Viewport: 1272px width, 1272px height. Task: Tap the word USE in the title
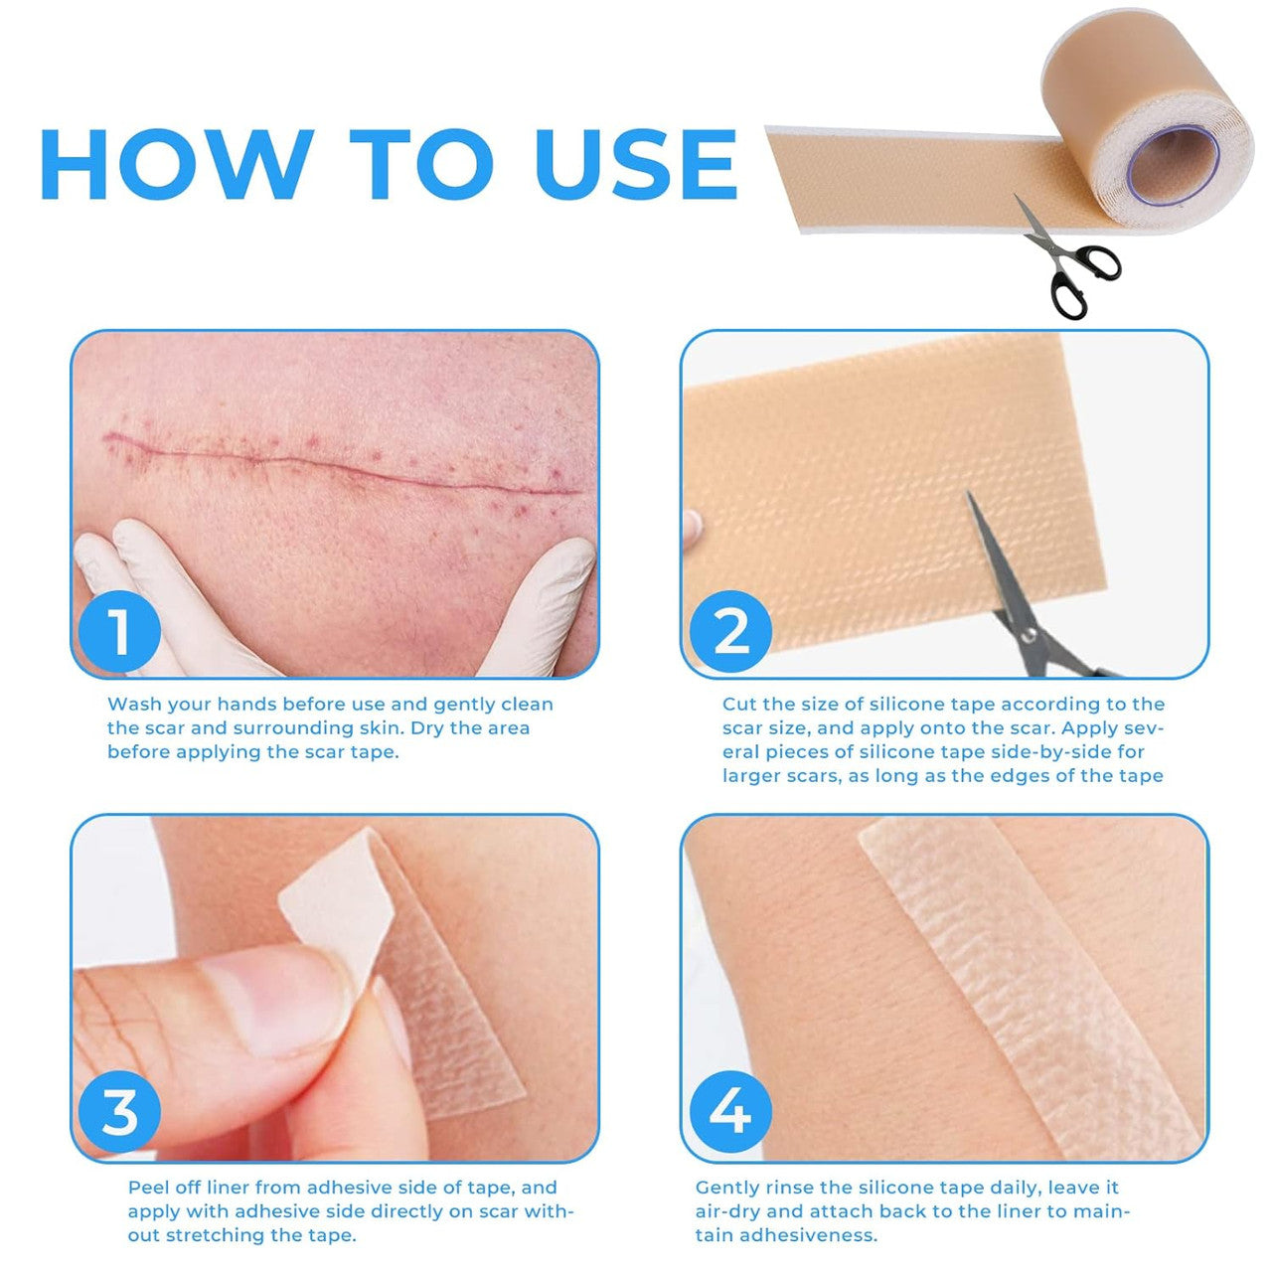(636, 164)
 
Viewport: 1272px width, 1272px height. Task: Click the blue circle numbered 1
(119, 632)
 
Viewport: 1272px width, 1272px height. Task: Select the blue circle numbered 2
(730, 632)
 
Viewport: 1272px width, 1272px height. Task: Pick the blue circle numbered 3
(119, 1112)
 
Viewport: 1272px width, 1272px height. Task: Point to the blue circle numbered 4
(730, 1112)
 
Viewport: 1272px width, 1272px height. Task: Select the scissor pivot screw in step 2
(1029, 636)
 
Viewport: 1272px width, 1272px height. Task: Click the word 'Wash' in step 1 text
(134, 705)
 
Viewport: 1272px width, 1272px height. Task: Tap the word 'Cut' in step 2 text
(739, 705)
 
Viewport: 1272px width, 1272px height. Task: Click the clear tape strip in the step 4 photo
(1030, 990)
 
